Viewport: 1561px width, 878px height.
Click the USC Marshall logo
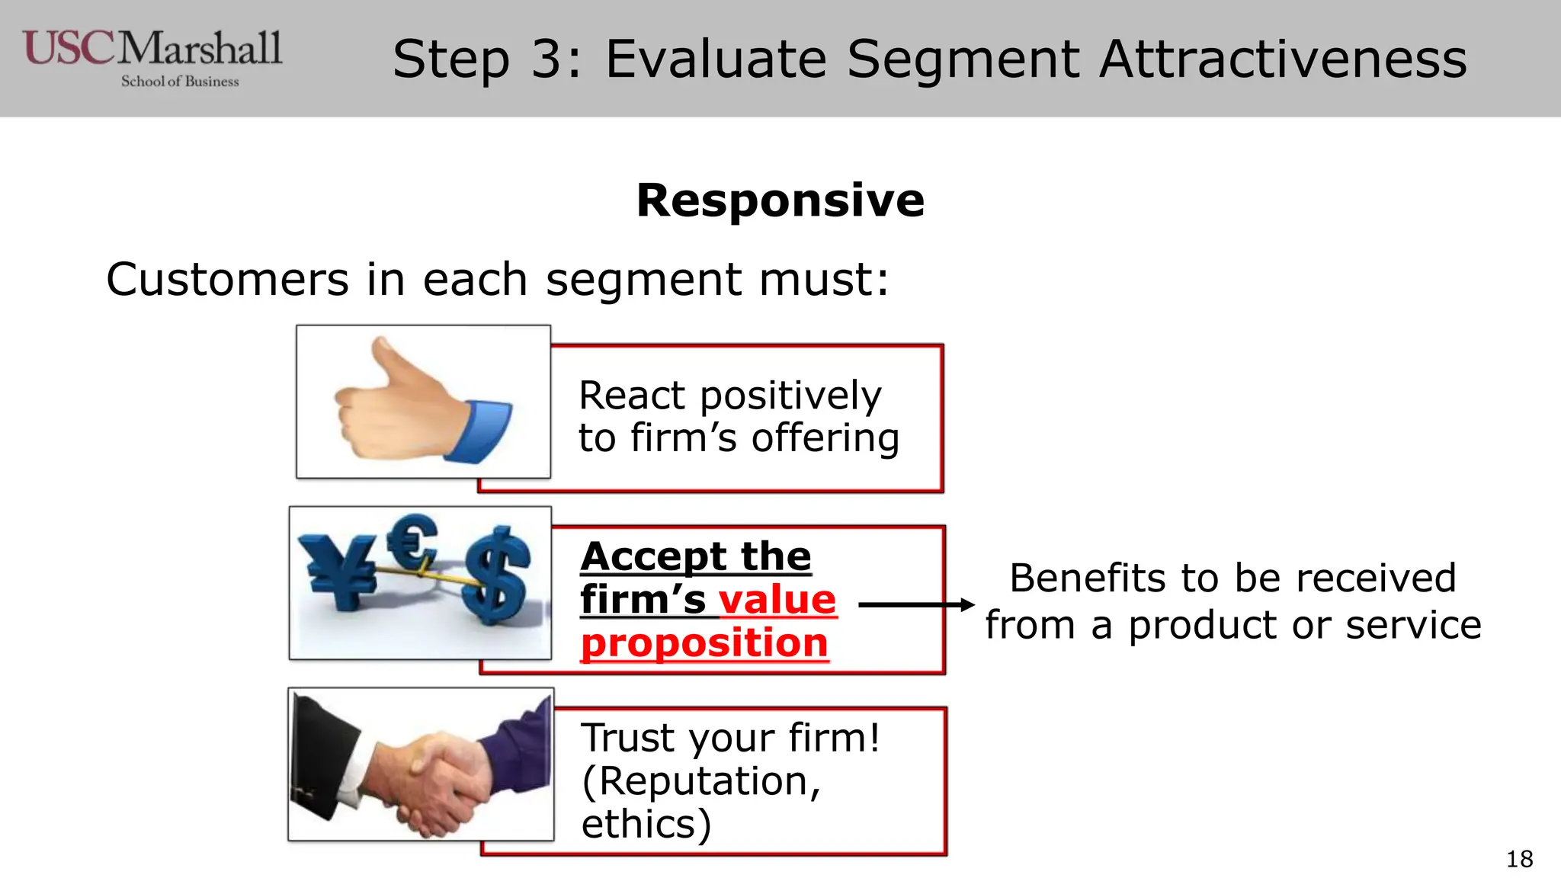152,50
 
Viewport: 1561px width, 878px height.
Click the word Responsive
780,200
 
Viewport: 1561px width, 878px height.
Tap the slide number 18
1519,859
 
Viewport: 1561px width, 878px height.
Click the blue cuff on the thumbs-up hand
480,431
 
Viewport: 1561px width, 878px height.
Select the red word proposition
704,643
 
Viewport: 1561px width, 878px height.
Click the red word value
777,600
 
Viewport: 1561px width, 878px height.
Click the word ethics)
646,825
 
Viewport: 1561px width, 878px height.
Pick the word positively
790,396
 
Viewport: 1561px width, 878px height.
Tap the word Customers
227,280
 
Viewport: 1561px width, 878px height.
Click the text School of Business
180,82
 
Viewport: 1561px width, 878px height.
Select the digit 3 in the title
547,59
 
